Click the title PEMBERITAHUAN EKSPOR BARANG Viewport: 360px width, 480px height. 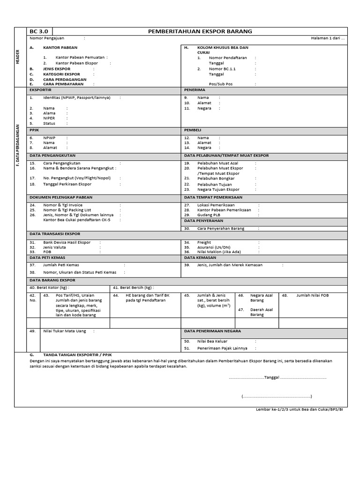[200, 31]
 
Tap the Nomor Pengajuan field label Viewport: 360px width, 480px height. [47, 38]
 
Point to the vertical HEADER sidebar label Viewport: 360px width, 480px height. [17, 56]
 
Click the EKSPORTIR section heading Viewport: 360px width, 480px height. [40, 90]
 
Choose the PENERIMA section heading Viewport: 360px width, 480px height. [194, 90]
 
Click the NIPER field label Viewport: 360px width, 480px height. [49, 118]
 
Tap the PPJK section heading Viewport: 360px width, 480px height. [34, 129]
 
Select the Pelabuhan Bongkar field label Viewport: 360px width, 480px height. [216, 178]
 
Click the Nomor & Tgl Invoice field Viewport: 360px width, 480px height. [63, 205]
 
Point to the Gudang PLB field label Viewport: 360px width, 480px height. [209, 215]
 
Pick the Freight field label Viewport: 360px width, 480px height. [204, 242]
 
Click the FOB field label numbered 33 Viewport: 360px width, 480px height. [47, 252]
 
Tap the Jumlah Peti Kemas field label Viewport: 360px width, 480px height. [61, 265]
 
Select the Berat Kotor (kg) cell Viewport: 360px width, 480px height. [49, 287]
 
